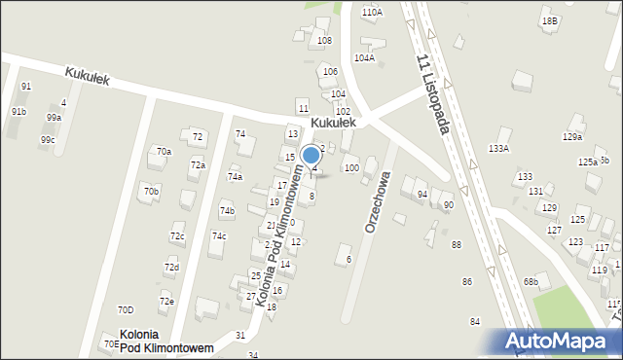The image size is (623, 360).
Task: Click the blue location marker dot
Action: [x=311, y=154]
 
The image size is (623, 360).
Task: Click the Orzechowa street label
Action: [x=378, y=202]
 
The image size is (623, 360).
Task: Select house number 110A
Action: [x=372, y=12]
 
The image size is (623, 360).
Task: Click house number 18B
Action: [x=551, y=20]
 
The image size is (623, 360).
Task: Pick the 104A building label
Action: [x=364, y=58]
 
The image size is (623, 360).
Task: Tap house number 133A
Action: [x=498, y=148]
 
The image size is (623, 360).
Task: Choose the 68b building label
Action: [x=531, y=282]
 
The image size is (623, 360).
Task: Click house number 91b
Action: [x=18, y=112]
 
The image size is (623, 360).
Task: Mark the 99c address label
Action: [x=48, y=140]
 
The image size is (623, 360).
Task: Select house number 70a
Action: [x=165, y=152]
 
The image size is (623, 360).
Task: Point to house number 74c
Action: [x=220, y=236]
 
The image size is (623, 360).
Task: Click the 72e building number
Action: [x=166, y=302]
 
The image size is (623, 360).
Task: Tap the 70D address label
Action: [x=126, y=310]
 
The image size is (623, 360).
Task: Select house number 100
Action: [x=351, y=168]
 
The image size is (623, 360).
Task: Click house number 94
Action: [x=422, y=195]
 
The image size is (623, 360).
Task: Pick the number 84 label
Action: [x=475, y=321]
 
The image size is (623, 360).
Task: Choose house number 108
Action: [x=324, y=40]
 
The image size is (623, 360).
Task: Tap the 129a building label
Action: [x=572, y=137]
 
